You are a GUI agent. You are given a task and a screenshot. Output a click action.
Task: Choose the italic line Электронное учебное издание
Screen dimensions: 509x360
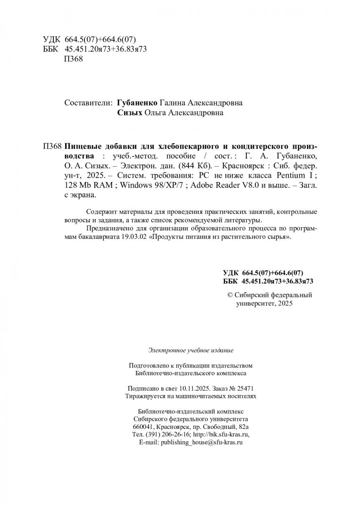tap(190, 350)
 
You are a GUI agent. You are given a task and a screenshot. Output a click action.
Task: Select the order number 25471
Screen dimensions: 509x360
tap(244, 388)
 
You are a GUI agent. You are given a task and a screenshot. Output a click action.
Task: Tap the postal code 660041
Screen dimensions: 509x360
tap(144, 427)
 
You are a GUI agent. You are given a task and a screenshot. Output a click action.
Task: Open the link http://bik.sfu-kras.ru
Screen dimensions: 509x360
tap(219, 435)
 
